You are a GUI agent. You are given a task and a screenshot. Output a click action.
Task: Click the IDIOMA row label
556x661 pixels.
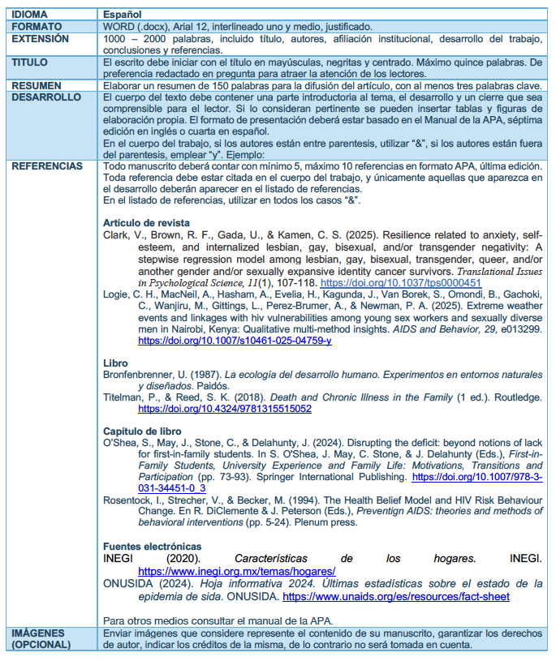(x=30, y=15)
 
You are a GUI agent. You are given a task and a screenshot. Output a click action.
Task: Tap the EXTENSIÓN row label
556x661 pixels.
(x=39, y=38)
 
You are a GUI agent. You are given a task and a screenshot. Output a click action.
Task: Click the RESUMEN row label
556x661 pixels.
(x=36, y=84)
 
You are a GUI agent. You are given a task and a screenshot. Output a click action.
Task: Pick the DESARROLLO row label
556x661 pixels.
(x=45, y=97)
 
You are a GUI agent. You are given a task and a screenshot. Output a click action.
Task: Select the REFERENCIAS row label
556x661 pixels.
(x=47, y=166)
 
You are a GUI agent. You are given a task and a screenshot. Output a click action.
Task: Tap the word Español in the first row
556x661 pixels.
(x=123, y=15)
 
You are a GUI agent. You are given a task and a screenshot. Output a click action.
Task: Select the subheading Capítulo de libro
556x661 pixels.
(x=143, y=431)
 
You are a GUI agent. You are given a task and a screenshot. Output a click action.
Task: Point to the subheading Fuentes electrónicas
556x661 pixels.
(x=153, y=547)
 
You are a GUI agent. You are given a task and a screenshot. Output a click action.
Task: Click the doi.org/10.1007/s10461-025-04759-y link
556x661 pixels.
(x=235, y=341)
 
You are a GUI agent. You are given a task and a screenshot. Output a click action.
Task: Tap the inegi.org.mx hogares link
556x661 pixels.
(x=237, y=571)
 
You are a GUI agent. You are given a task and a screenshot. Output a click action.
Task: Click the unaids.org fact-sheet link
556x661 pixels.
(x=396, y=596)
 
